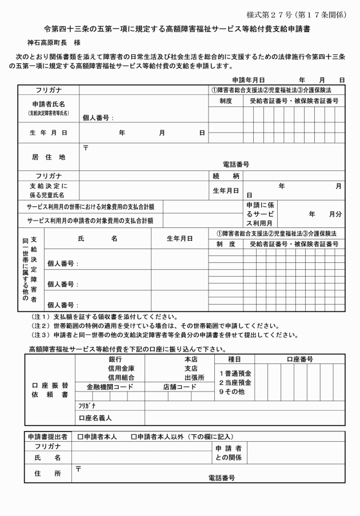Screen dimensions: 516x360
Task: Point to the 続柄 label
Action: point(226,175)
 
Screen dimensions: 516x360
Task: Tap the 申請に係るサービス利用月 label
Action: point(260,213)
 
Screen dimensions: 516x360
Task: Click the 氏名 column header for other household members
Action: point(98,238)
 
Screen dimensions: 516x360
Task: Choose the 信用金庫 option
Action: point(121,368)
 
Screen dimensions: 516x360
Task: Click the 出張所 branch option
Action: point(194,377)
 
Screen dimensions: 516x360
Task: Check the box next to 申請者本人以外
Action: point(134,437)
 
